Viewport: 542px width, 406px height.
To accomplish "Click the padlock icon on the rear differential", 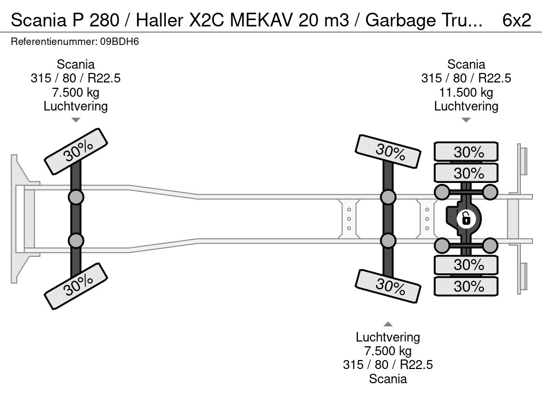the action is coord(466,218).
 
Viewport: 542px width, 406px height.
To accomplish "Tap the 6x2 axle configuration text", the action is coord(517,20).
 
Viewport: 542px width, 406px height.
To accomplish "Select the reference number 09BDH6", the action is coord(120,42).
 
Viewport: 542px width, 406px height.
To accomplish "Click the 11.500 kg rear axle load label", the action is coord(466,93).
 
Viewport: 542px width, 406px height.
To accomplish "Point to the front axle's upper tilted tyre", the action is coord(76,152).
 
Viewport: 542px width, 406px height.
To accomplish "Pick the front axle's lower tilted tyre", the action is coord(76,286).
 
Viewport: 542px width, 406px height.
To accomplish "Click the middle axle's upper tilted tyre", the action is coord(388,152).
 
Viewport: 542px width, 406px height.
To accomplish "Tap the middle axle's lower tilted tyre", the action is coord(388,286).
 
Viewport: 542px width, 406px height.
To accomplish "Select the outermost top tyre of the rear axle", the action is coord(466,151).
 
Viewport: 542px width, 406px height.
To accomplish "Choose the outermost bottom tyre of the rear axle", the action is coord(466,286).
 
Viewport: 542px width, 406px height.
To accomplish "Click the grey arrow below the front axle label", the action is coord(76,120).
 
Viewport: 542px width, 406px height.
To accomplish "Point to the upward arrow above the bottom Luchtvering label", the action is coord(388,324).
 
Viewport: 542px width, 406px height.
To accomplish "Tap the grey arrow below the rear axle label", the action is coord(466,120).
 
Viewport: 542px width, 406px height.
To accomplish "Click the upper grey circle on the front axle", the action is coord(76,198).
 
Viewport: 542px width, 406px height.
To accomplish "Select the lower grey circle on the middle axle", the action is coord(388,241).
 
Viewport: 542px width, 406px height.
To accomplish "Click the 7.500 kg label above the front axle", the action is coord(76,93).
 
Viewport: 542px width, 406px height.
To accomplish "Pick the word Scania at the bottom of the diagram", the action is coord(388,379).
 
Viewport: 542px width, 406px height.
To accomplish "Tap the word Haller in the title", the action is coord(159,20).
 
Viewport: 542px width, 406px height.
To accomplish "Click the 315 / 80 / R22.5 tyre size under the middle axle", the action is coord(388,365).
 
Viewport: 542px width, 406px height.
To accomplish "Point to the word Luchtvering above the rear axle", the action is coord(466,106).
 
